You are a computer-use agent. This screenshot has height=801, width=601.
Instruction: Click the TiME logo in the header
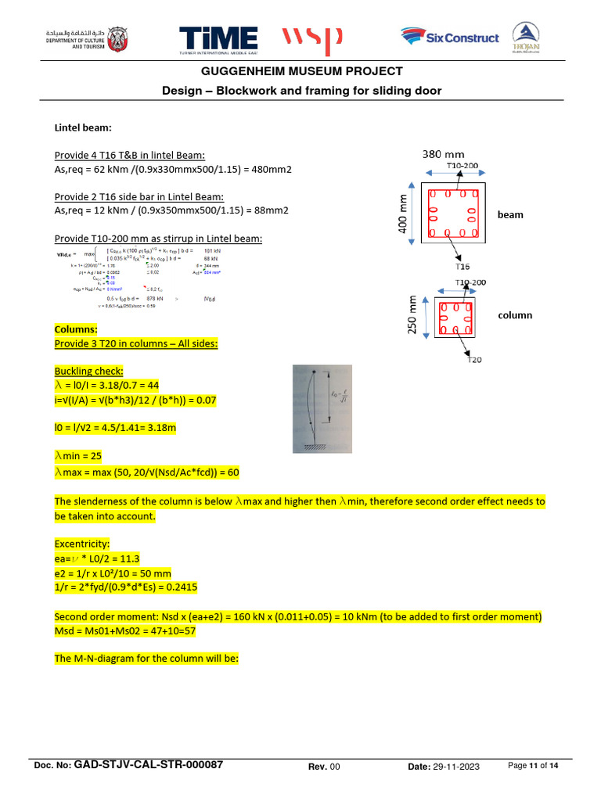pos(218,39)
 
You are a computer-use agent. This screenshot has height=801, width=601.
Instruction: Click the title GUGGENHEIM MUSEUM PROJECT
pos(301,71)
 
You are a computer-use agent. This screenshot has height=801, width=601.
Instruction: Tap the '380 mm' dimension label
pos(444,154)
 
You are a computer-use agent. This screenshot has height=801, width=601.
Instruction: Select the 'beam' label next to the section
pos(510,214)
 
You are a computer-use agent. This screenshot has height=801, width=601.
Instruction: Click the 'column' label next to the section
pos(515,315)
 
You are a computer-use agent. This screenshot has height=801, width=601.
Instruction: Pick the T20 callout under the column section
pos(474,360)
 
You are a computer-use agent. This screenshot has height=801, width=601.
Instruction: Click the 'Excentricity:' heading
pos(82,543)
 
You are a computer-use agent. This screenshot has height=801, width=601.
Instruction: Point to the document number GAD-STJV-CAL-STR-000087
pos(148,765)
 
